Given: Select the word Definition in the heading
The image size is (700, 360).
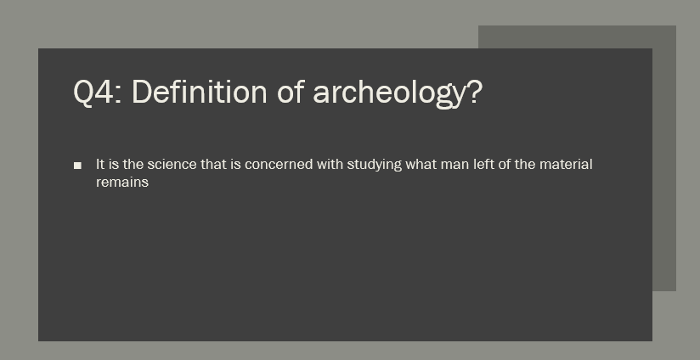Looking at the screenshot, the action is (200, 92).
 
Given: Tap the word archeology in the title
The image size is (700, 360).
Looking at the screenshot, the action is (389, 94).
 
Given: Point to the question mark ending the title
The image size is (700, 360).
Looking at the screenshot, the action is (475, 92).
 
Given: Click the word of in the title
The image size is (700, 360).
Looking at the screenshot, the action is (291, 92).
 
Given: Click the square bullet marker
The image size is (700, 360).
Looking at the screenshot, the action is (77, 166).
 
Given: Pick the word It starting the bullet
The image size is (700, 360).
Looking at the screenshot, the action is (100, 164).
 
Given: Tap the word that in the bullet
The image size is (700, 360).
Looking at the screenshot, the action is (214, 164).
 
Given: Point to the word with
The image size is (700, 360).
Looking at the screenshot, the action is (330, 164).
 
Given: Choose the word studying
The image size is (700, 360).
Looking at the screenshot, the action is (375, 166).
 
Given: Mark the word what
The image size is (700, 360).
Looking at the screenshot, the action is (421, 164).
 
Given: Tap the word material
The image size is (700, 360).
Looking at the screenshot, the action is (566, 164).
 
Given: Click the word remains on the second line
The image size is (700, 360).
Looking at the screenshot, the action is (122, 182).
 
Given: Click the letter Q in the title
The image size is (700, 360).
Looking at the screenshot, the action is (83, 93).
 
